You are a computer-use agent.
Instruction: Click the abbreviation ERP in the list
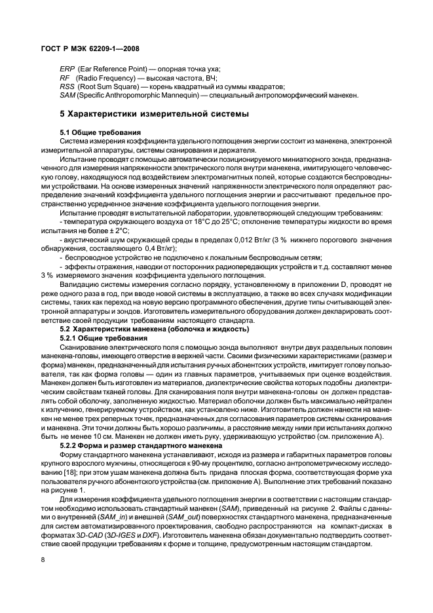67,69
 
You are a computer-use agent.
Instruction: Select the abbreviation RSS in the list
66,86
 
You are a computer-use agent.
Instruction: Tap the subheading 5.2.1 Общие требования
106,337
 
